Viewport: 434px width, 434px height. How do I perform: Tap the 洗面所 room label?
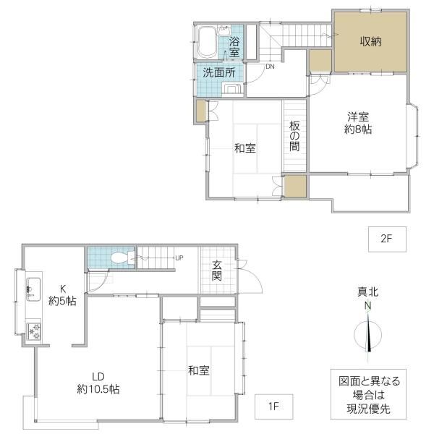pyautogui.click(x=219, y=72)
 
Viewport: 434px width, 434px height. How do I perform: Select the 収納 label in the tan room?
pyautogui.click(x=370, y=41)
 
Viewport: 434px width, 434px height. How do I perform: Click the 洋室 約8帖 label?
pyautogui.click(x=358, y=123)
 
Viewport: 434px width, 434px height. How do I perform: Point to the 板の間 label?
pyautogui.click(x=294, y=136)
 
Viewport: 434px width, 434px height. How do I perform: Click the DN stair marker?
pyautogui.click(x=270, y=67)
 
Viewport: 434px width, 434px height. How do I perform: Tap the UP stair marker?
pyautogui.click(x=179, y=258)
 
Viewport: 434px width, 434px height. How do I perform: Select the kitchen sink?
pyautogui.click(x=33, y=289)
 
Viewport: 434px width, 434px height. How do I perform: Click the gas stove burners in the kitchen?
pyautogui.click(x=33, y=331)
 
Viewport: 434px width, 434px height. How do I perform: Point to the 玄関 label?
pyautogui.click(x=217, y=271)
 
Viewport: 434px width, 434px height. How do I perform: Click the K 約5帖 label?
pyautogui.click(x=62, y=295)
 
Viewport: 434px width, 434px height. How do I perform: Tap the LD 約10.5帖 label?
pyautogui.click(x=98, y=383)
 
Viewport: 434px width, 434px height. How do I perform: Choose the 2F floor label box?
pyautogui.click(x=387, y=239)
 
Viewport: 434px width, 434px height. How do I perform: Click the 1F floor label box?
pyautogui.click(x=273, y=407)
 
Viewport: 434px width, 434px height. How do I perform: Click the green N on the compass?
pyautogui.click(x=367, y=306)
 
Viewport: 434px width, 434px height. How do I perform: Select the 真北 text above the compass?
pyautogui.click(x=368, y=292)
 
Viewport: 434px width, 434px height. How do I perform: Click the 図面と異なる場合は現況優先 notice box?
pyautogui.click(x=368, y=394)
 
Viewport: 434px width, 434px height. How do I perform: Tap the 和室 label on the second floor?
pyautogui.click(x=245, y=148)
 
